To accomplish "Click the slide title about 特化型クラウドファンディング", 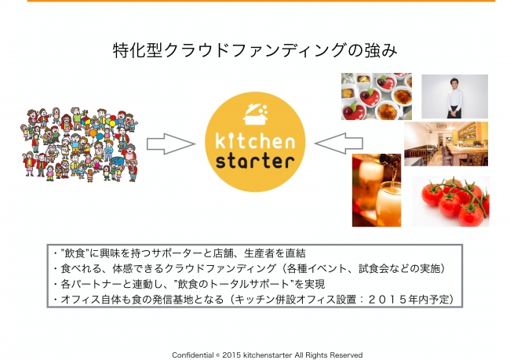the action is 255,51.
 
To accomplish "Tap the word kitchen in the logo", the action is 255,140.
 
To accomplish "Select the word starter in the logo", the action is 255,161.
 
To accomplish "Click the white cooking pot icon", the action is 256,115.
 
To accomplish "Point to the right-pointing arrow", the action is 170,144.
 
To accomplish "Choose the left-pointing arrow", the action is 339,144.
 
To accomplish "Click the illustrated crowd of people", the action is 79,144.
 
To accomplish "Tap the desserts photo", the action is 377,96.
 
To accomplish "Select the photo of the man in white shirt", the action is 455,96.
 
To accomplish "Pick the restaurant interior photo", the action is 446,144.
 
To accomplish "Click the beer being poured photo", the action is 377,191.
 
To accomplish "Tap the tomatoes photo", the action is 451,202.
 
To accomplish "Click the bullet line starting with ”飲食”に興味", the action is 180,253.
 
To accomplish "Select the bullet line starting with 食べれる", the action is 250,268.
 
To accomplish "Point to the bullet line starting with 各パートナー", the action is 189,284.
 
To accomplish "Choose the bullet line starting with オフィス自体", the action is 253,299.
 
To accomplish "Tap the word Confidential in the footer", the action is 193,355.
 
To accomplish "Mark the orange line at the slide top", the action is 261,1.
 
